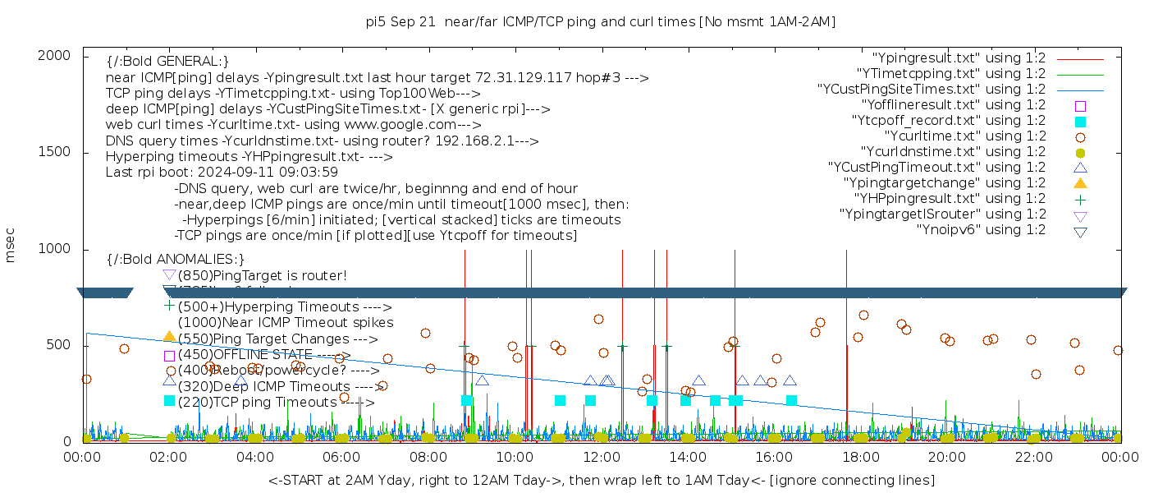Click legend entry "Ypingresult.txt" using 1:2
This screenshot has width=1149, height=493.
(959, 58)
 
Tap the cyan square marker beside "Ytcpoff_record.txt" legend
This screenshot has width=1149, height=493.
(1080, 121)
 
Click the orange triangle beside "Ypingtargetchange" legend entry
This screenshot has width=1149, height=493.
(1080, 182)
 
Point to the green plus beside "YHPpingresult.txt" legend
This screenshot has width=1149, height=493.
(1080, 199)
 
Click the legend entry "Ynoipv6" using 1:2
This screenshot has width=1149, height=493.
(981, 230)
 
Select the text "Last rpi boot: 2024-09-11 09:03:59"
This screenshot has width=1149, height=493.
(222, 173)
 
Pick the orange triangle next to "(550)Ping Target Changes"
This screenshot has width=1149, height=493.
(169, 336)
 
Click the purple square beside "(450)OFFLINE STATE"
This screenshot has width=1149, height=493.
(169, 356)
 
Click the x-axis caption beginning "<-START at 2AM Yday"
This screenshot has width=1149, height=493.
(601, 480)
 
